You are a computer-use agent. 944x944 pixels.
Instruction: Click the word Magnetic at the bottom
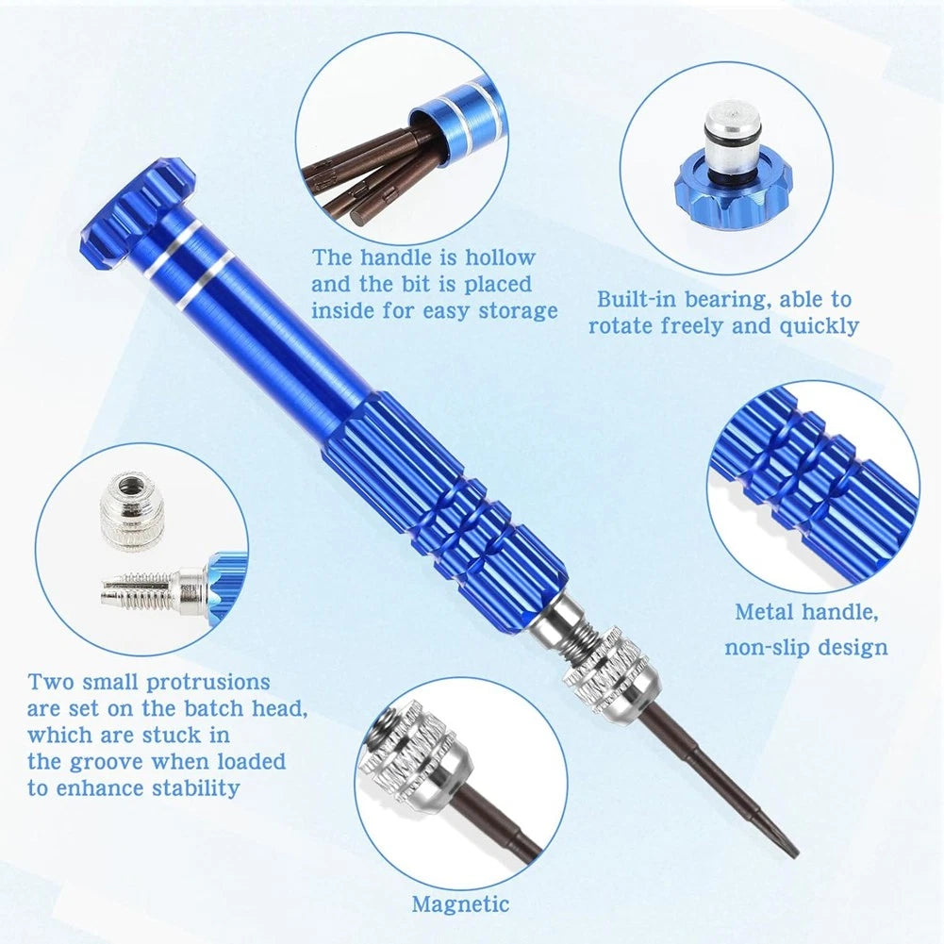460,903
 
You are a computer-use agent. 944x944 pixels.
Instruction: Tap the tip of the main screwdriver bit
793,850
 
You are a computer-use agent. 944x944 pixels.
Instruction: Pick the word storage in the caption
517,310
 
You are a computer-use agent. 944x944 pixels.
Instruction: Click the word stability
198,788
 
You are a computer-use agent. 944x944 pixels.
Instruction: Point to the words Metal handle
806,612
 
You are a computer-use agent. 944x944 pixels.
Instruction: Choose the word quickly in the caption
820,326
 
